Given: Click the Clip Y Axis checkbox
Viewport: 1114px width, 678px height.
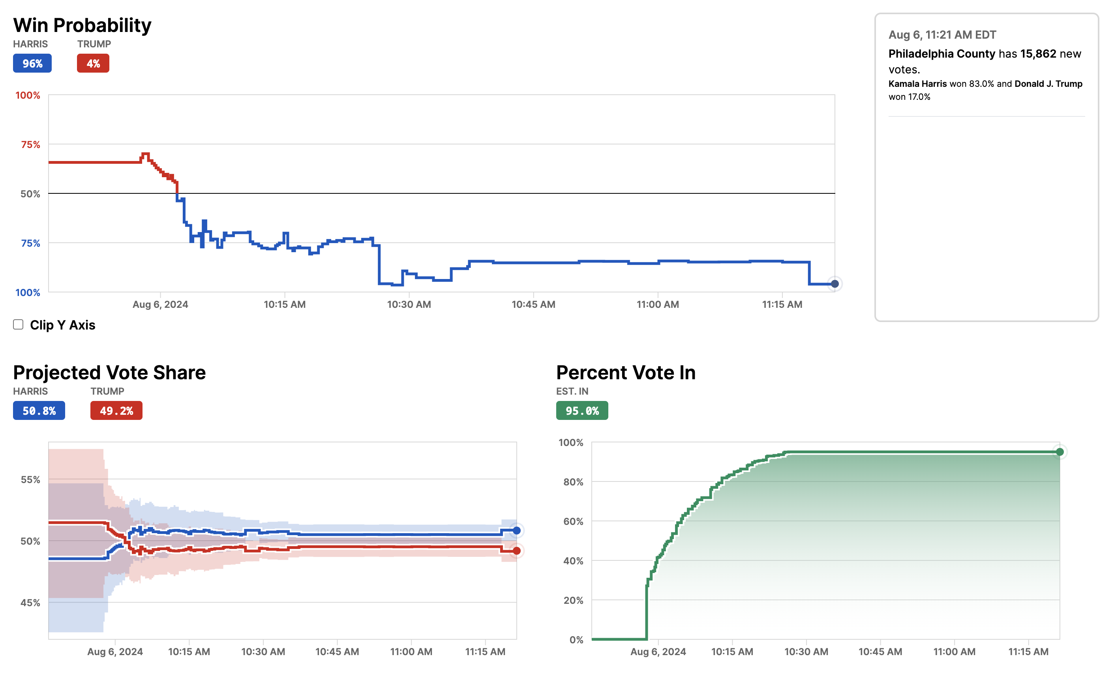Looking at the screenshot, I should pyautogui.click(x=18, y=324).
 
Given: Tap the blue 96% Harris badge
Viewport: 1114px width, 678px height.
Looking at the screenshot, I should pyautogui.click(x=32, y=63).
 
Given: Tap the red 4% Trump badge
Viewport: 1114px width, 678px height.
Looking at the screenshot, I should pyautogui.click(x=93, y=63).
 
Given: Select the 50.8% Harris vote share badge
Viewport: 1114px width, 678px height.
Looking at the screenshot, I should pyautogui.click(x=39, y=410).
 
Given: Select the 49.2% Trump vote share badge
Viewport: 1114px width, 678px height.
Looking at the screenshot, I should pyautogui.click(x=116, y=410).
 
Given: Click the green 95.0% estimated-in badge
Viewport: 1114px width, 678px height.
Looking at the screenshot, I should pyautogui.click(x=582, y=410).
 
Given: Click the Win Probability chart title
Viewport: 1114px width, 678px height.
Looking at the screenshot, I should pyautogui.click(x=82, y=25).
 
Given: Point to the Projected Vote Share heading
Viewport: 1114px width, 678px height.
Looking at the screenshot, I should pyautogui.click(x=109, y=373).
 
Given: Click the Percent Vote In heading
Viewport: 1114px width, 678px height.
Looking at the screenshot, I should pyautogui.click(x=626, y=373).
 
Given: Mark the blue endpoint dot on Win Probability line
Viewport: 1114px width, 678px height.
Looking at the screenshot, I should pyautogui.click(x=835, y=284).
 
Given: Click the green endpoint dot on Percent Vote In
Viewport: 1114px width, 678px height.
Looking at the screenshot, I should pyautogui.click(x=1059, y=452).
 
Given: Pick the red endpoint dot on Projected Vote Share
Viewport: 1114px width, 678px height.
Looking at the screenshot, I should pyautogui.click(x=516, y=551).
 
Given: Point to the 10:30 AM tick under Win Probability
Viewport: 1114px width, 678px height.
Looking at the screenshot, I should pyautogui.click(x=409, y=304).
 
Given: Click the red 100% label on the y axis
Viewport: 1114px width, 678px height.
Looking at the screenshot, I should pyautogui.click(x=28, y=96).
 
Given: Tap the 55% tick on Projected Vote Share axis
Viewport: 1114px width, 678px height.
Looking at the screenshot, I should pyautogui.click(x=30, y=479).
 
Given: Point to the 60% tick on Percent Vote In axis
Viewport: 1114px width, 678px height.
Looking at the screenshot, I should pyautogui.click(x=573, y=521).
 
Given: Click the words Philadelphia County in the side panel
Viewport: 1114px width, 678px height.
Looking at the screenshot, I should pyautogui.click(x=941, y=54).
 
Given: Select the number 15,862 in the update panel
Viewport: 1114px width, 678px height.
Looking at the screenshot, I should pyautogui.click(x=1038, y=54).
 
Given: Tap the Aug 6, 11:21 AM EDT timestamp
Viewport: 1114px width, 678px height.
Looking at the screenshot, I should pyautogui.click(x=942, y=35).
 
